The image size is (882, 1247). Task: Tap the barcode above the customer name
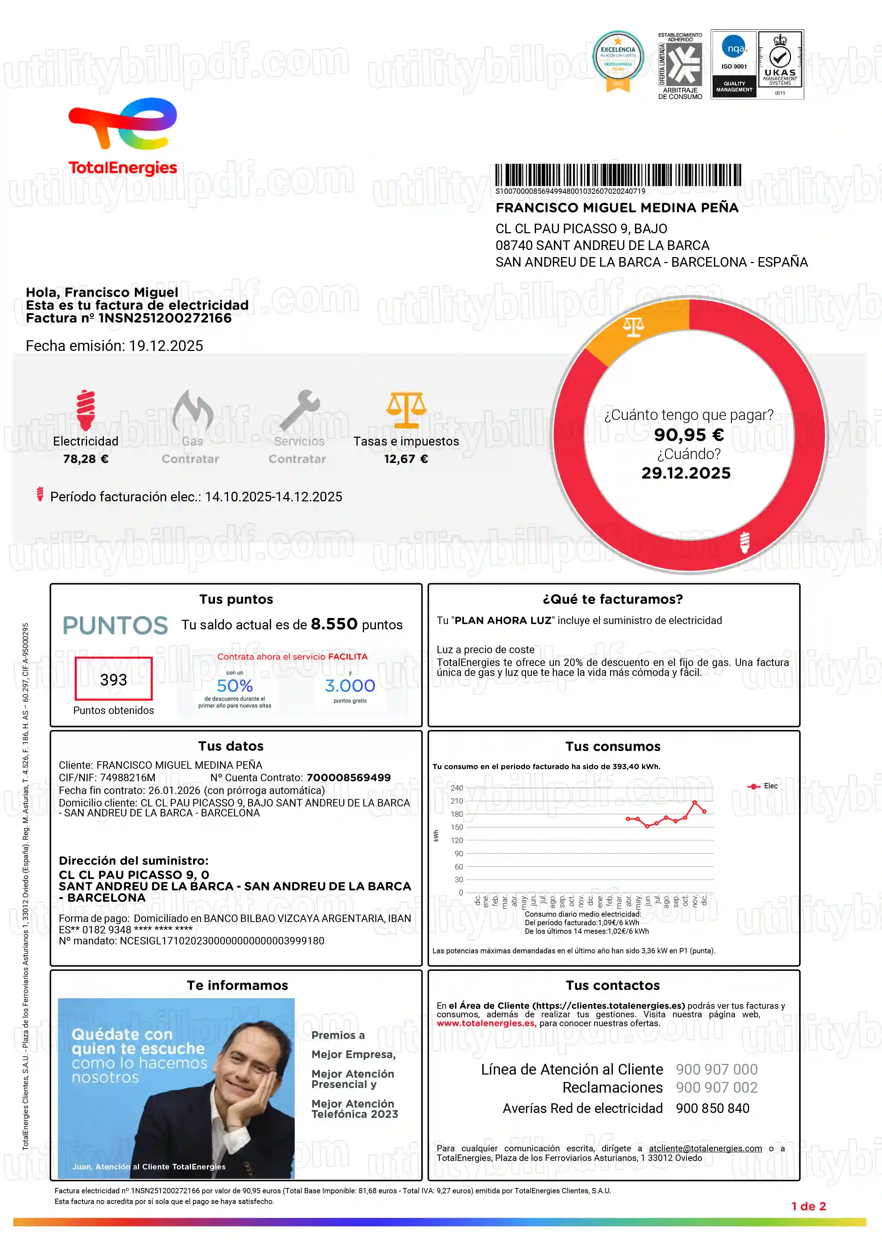[618, 175]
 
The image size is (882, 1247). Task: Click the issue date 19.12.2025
[166, 346]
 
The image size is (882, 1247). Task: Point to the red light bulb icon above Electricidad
[86, 410]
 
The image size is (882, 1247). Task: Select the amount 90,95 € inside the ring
[689, 435]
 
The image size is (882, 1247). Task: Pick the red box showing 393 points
[113, 679]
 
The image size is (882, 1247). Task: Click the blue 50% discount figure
[235, 686]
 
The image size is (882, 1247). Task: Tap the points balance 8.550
[334, 624]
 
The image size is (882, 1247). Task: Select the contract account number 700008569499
[349, 778]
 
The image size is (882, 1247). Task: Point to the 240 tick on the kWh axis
[457, 788]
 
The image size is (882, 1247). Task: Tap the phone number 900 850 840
[712, 1109]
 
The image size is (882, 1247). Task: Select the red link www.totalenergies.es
[486, 1023]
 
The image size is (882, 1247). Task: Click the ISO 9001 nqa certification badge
[734, 64]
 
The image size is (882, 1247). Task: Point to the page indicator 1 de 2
[809, 1206]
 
